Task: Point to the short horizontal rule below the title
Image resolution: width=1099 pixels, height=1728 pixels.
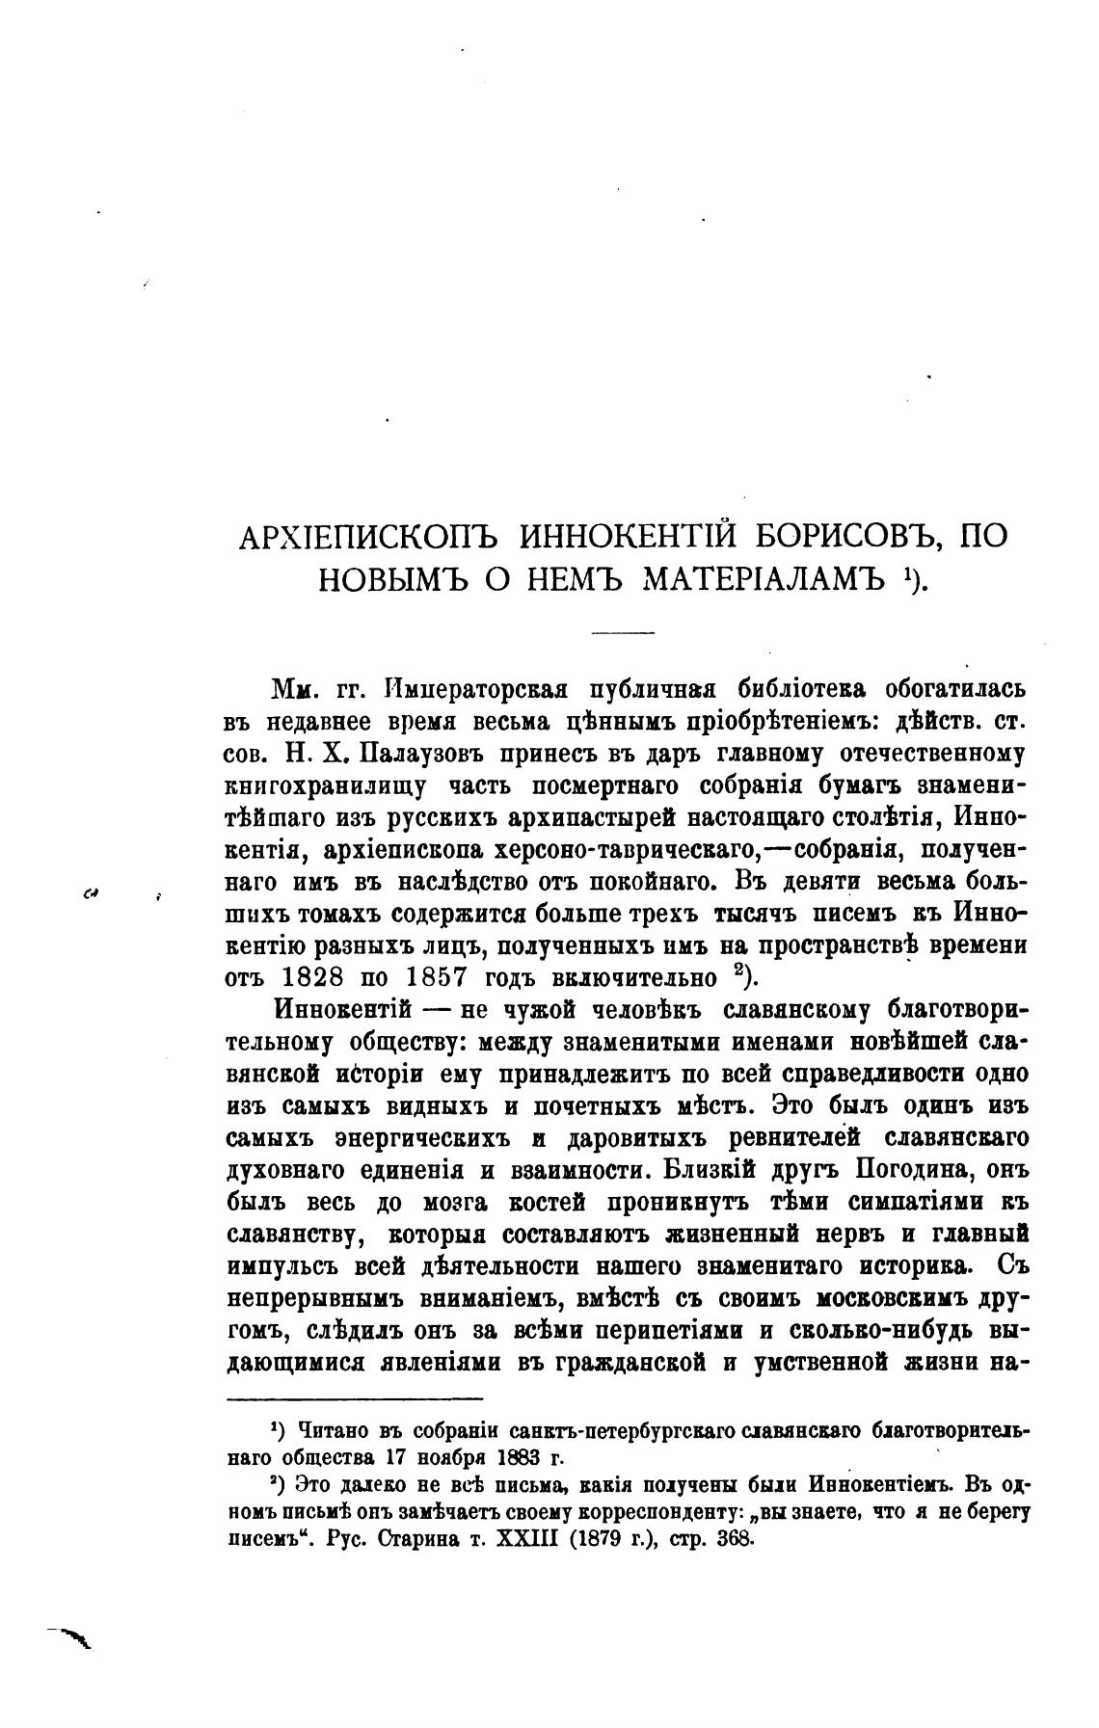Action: pos(622,633)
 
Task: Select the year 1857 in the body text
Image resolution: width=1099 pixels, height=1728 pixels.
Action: pos(435,976)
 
